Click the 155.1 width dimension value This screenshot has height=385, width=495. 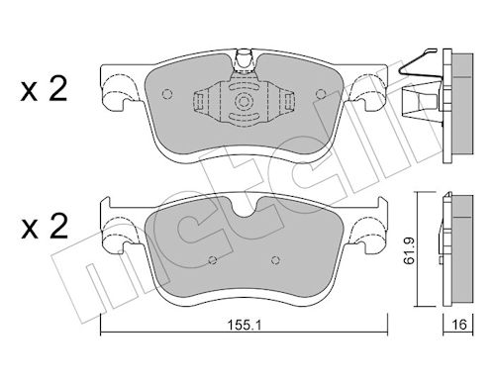(x=245, y=326)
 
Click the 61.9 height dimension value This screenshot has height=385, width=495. (x=410, y=250)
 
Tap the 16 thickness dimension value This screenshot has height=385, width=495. (x=459, y=325)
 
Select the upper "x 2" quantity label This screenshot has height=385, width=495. (x=44, y=88)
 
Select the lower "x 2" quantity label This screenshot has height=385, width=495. (x=45, y=227)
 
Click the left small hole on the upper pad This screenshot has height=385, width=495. (x=167, y=94)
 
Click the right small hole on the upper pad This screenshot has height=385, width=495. (x=320, y=94)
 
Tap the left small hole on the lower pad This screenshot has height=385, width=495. (x=213, y=260)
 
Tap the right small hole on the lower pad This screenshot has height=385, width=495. (x=276, y=260)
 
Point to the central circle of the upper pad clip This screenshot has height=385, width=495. (x=244, y=101)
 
